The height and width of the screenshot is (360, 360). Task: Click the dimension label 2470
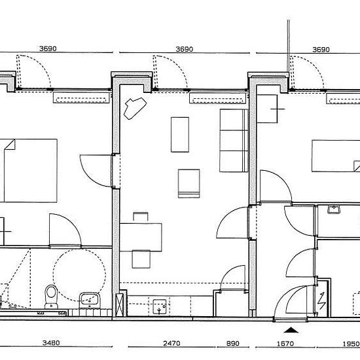171,343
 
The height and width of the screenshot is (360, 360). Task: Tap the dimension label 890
233,344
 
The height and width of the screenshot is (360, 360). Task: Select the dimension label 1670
285,344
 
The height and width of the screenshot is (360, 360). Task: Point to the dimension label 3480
51,343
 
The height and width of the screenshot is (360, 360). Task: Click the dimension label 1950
351,344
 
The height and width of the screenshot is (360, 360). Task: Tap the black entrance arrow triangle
291,330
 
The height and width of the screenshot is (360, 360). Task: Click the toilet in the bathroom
51,297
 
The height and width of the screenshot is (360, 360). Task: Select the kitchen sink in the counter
159,306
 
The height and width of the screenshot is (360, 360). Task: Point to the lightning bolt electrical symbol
322,301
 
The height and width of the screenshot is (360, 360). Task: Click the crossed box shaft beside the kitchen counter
120,305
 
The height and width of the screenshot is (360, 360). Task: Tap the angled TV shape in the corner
135,108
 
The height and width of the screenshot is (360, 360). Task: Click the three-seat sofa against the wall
234,141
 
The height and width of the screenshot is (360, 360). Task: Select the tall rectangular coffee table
180,135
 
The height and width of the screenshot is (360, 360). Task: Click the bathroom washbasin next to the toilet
90,300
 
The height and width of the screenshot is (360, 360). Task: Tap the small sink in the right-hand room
334,209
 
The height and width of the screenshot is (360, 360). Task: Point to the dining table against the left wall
141,237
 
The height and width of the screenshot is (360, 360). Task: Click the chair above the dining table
141,217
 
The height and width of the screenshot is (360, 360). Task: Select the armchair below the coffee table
189,183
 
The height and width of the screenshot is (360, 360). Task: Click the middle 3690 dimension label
185,49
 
